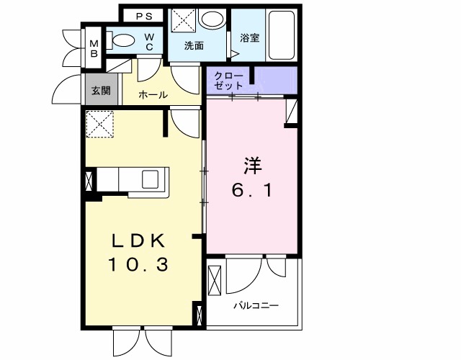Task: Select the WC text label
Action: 149,42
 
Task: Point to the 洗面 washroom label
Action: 193,46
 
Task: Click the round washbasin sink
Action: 212,19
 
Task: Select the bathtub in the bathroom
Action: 280,35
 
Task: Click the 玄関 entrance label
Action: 101,91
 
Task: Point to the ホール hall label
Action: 152,94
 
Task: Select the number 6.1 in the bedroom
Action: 251,192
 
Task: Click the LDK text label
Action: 139,240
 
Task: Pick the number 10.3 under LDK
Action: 139,265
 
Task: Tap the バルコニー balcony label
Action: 255,305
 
